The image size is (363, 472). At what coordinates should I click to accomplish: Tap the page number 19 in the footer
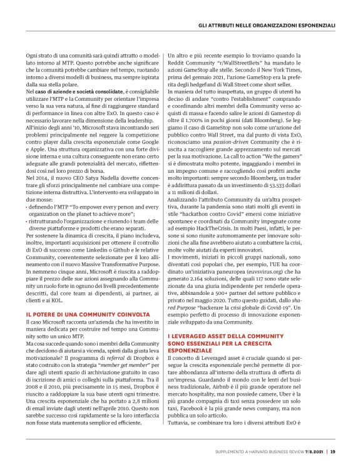(333, 452)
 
